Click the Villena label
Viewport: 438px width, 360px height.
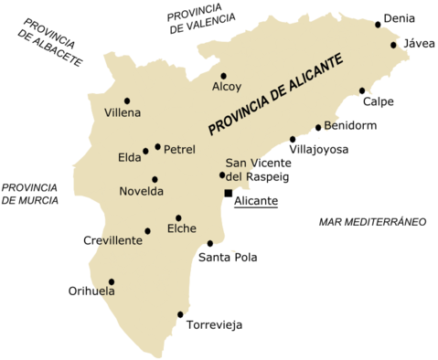123,113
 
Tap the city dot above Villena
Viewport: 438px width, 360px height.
127,101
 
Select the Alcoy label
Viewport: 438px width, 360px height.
227,88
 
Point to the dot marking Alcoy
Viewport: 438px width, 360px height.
223,76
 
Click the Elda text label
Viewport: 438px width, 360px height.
130,157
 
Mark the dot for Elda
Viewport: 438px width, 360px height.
145,151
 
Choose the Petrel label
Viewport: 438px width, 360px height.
179,148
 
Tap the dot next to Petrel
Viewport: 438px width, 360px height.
157,146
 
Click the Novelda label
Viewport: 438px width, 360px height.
141,191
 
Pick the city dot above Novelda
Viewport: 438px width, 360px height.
155,179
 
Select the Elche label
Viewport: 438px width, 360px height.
181,228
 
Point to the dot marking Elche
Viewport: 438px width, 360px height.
178,217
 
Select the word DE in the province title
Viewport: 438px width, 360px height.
277,94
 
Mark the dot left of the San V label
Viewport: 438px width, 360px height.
221,175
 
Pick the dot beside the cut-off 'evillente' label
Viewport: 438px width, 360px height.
147,230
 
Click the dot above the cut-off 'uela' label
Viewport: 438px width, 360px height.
112,281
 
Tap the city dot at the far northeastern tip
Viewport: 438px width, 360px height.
393,44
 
